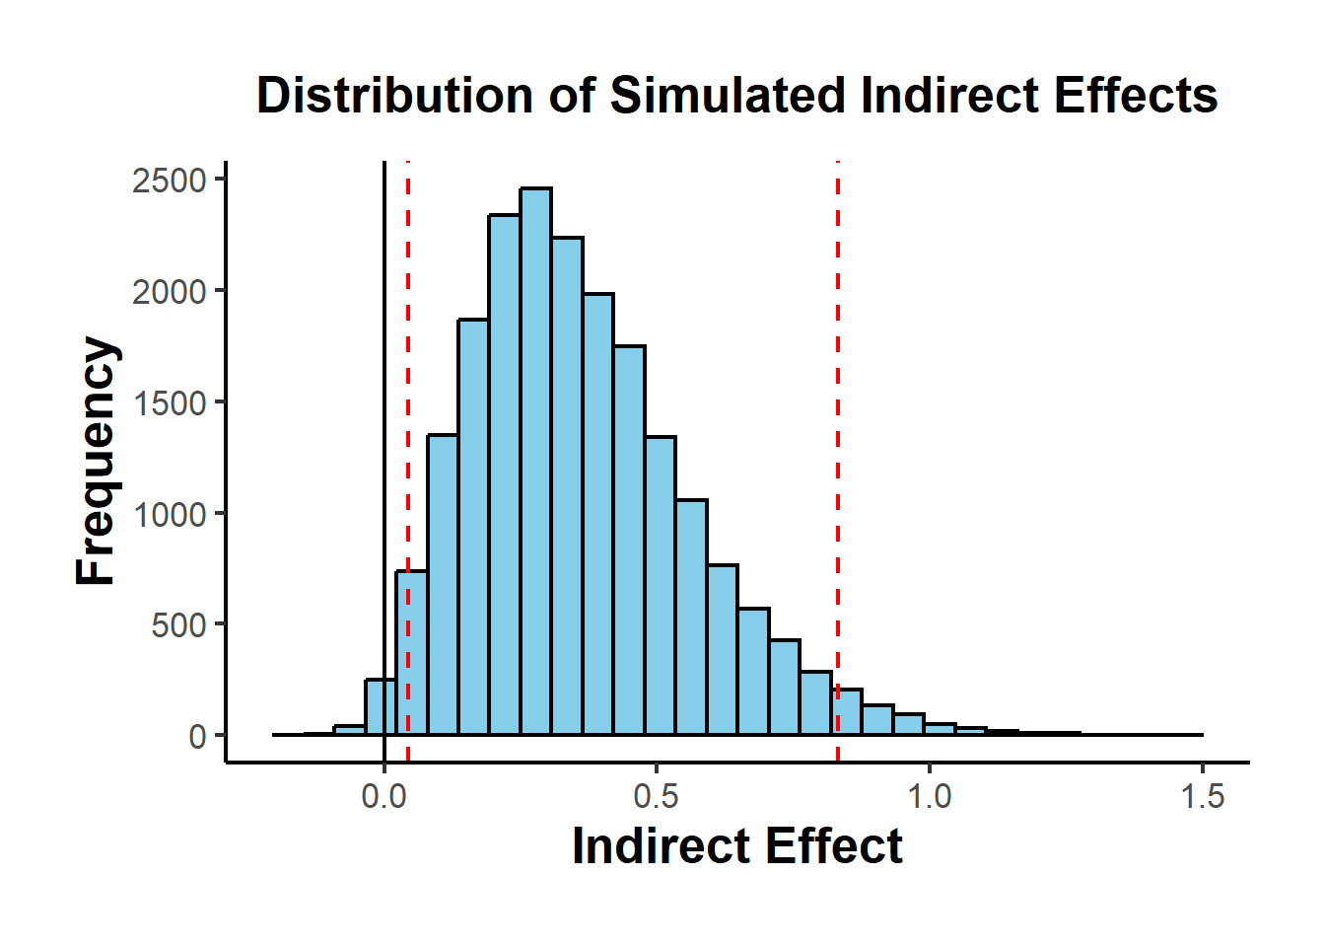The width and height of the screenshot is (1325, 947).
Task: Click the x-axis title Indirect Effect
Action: (736, 846)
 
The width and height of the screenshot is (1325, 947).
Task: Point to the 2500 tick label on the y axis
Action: (170, 181)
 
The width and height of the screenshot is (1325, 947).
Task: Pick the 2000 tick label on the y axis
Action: (170, 292)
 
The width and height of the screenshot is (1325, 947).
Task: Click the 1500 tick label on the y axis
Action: (170, 402)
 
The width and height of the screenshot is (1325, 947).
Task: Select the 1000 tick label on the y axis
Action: (170, 514)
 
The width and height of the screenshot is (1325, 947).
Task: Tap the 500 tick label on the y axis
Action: (178, 625)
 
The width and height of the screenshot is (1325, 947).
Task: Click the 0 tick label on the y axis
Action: (197, 737)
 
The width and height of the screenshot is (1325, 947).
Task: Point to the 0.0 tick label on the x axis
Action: (384, 796)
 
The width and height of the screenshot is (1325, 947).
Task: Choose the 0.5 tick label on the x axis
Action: (656, 796)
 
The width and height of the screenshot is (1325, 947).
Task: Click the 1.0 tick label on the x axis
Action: (929, 796)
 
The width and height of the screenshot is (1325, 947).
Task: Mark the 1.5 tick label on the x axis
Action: (1202, 796)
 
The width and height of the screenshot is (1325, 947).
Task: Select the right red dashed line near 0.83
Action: (838, 395)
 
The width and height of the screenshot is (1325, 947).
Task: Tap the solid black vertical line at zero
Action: (384, 395)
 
